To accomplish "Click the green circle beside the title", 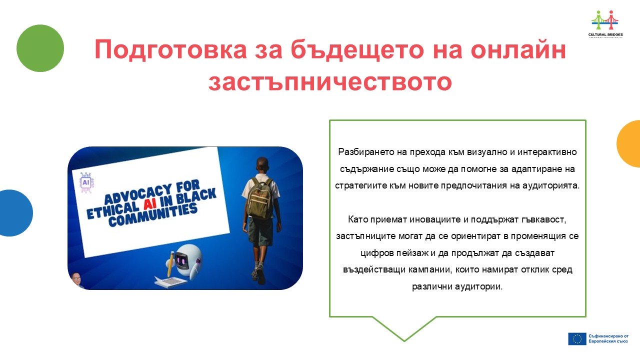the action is [x=40, y=48].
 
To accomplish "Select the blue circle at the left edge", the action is [x=15, y=213].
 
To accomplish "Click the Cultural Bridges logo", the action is [x=605, y=24].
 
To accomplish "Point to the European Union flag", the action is [x=577, y=339].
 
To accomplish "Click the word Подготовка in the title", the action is [x=170, y=49].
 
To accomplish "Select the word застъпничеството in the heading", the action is [x=330, y=82].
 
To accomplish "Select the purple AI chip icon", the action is [x=86, y=182].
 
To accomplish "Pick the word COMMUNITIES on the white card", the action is [x=153, y=215].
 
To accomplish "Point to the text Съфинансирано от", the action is [x=608, y=336].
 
